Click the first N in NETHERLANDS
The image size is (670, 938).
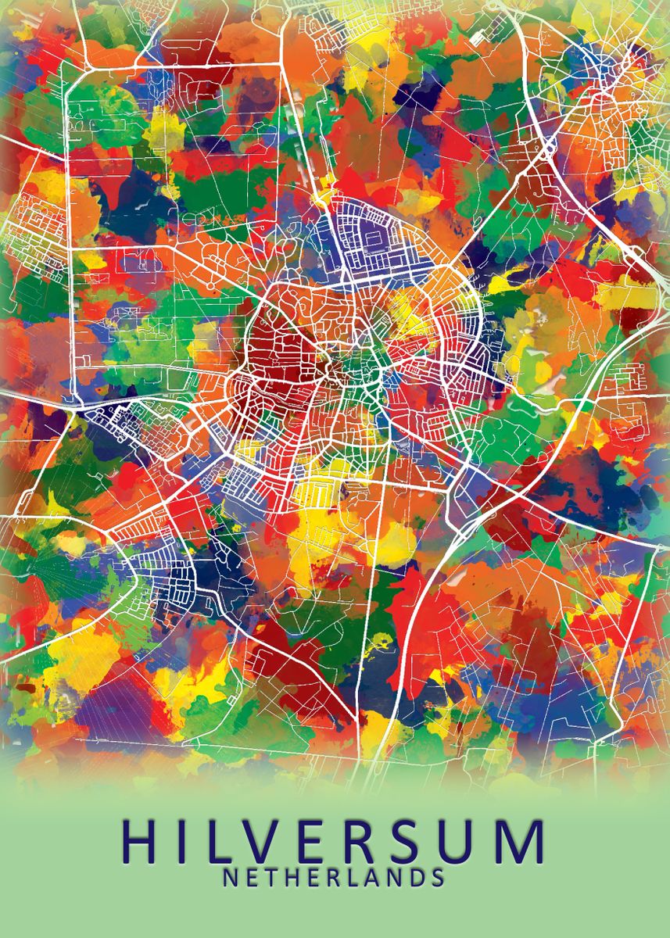tap(230, 878)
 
